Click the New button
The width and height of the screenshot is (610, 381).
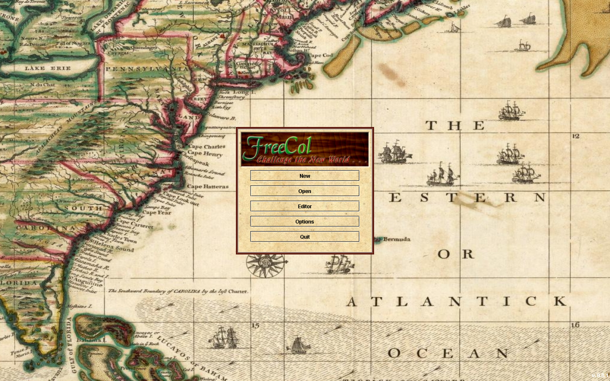pos(304,176)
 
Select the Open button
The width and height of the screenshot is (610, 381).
pos(304,191)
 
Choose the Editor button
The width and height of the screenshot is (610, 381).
pos(304,206)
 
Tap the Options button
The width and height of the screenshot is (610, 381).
pos(304,221)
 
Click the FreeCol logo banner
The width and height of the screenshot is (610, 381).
pos(304,149)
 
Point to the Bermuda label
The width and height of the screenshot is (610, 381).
pos(396,239)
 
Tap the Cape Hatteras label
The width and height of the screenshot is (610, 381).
pos(208,186)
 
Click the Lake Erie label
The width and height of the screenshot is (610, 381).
pos(43,67)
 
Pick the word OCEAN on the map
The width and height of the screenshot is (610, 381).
pos(448,354)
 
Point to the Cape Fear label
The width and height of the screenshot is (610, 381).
pos(157,213)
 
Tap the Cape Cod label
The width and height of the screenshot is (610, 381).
pos(321,55)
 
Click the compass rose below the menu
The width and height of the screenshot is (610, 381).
pos(259,264)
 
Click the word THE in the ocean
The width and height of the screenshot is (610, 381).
pos(455,125)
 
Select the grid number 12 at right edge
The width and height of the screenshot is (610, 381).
pos(575,136)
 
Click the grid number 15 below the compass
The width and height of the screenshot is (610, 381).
pos(255,326)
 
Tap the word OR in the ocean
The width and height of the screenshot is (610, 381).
pos(455,254)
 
